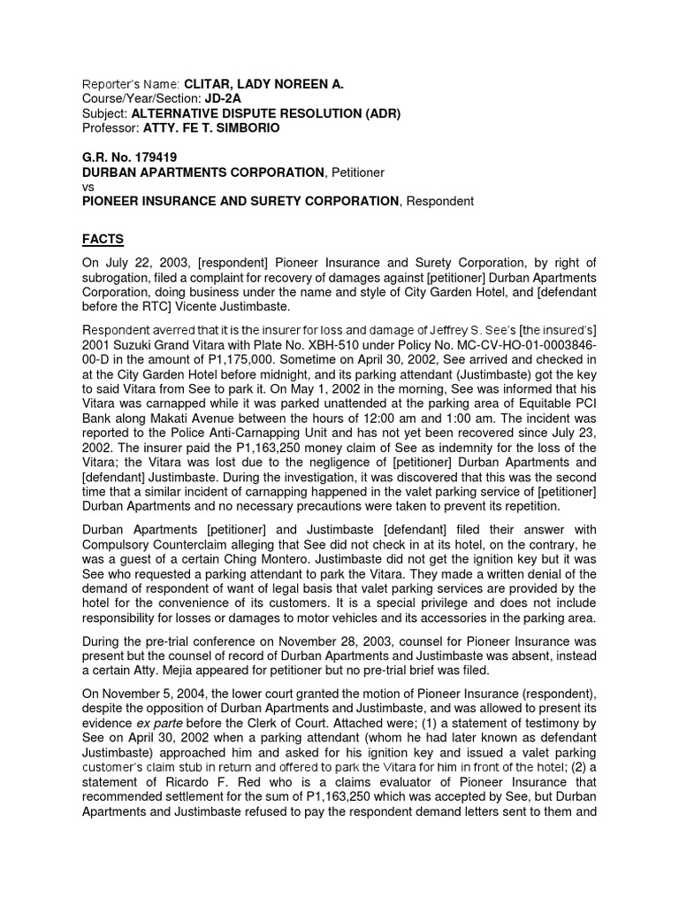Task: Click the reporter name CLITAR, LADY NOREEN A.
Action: click(x=263, y=84)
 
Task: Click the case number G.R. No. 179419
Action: click(x=127, y=157)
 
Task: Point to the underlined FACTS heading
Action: click(x=103, y=240)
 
